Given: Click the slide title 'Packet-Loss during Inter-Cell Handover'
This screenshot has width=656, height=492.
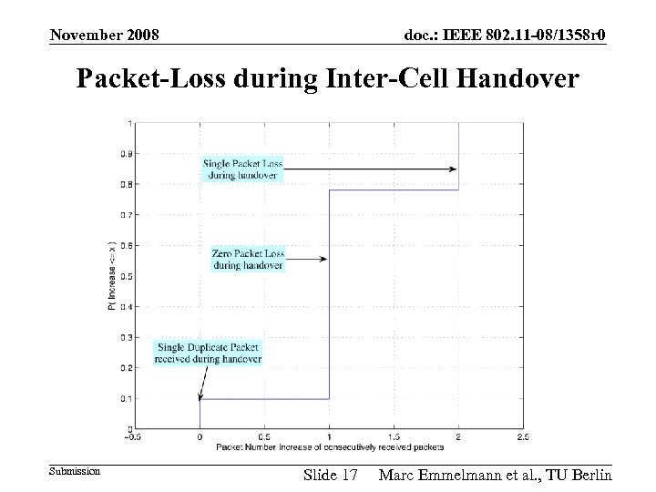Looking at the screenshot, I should pyautogui.click(x=327, y=80).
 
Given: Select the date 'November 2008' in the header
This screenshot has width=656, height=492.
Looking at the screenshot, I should pyautogui.click(x=105, y=35).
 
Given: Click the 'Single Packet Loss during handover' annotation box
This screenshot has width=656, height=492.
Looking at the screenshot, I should pyautogui.click(x=242, y=169).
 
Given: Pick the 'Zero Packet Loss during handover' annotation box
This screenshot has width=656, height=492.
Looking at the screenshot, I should pyautogui.click(x=248, y=260).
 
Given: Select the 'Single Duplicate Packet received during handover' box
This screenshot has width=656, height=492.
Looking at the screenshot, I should pyautogui.click(x=208, y=353).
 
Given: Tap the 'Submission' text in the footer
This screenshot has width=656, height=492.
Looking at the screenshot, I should pyautogui.click(x=74, y=471).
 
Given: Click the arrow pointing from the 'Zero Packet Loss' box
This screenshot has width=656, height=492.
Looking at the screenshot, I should pyautogui.click(x=307, y=260).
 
